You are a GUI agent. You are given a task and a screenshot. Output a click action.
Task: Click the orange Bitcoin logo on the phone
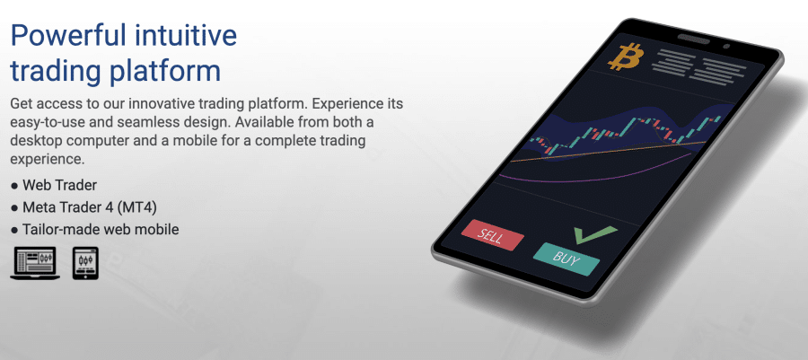coord(626,57)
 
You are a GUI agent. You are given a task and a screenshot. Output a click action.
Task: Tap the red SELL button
coord(493,235)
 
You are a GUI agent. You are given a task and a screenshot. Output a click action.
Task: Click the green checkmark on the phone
coord(595,235)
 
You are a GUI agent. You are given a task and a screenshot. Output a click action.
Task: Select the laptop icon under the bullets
coord(35,263)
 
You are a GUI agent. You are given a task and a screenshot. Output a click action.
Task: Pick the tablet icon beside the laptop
coord(85,263)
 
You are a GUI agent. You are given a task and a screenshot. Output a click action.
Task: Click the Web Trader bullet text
coord(60,184)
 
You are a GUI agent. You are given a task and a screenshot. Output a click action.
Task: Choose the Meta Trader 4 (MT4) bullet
coord(90,207)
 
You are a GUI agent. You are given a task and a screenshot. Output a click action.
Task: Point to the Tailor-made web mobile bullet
coord(101,229)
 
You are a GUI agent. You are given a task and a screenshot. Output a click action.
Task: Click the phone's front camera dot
coord(726,47)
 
